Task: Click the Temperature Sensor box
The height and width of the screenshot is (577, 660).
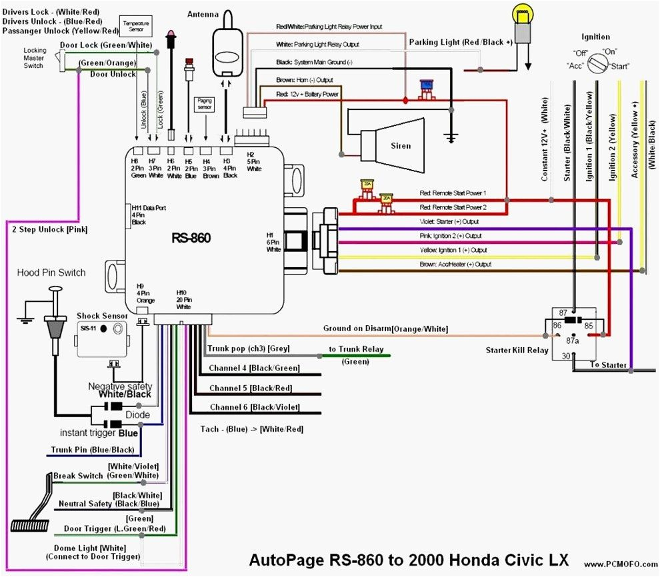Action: click(136, 27)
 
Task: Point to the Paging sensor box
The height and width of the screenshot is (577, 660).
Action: click(205, 103)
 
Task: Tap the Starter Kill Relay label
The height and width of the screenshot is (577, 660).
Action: click(517, 350)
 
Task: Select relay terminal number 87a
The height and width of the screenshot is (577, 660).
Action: click(571, 340)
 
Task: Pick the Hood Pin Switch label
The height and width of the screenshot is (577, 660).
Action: click(51, 273)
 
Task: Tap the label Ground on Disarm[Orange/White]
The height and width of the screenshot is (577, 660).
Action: click(385, 328)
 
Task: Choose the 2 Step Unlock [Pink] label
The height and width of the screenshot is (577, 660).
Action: click(49, 230)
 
